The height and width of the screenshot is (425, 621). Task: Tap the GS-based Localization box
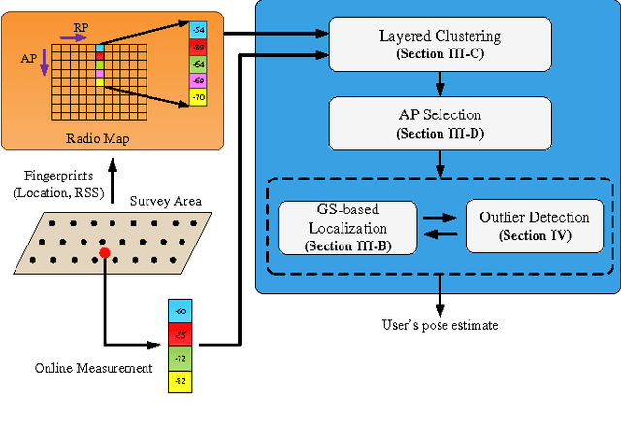347,228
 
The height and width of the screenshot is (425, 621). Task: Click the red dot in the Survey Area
104,254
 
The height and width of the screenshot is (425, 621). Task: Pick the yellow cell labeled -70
198,97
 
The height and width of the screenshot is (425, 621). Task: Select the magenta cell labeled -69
198,81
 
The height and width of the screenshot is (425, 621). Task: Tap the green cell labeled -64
198,65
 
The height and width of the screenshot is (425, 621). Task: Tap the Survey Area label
165,201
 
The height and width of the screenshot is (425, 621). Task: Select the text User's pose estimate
439,325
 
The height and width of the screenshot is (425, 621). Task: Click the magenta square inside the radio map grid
99,73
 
